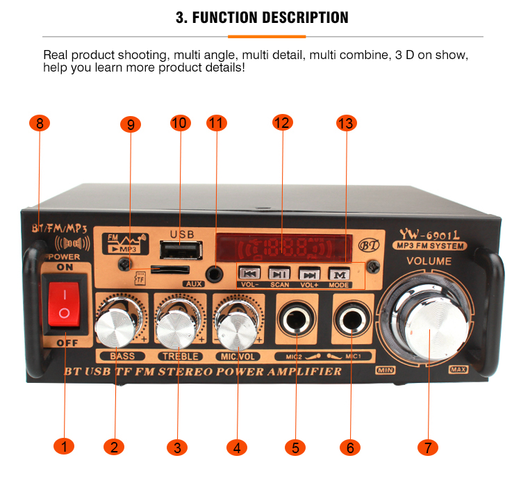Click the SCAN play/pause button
[x=280, y=274]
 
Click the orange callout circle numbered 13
[x=345, y=124]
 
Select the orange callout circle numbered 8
[x=40, y=124]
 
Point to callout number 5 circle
[x=295, y=447]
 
